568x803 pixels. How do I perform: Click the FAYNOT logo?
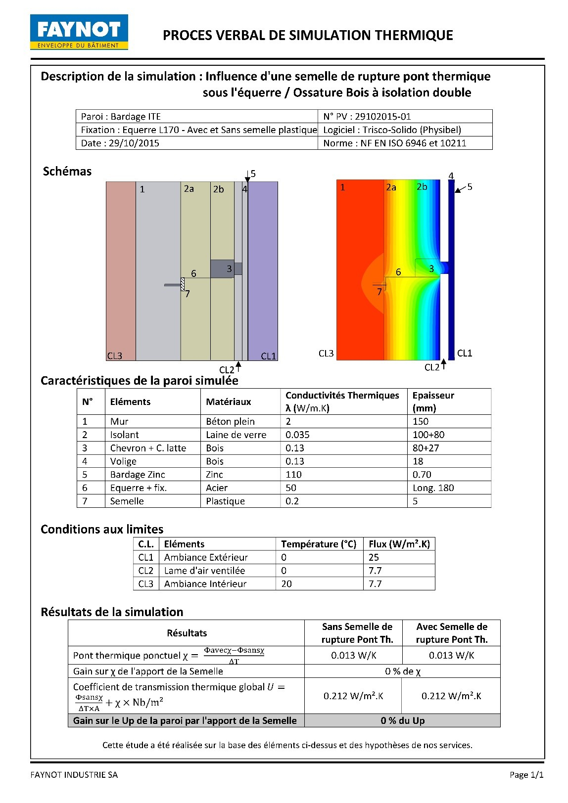coord(79,32)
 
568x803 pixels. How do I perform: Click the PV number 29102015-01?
coord(367,117)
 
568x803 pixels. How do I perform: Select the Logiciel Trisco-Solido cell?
coord(392,130)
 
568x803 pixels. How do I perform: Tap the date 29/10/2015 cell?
coord(120,143)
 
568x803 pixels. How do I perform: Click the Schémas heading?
coord(67,172)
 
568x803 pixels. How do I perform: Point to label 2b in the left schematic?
coord(219,189)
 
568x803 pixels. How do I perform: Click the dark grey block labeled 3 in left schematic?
coord(222,269)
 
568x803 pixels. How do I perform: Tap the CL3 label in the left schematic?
coord(114,356)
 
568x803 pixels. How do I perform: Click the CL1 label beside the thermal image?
coord(465,353)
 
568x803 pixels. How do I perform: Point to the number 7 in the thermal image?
coord(379,292)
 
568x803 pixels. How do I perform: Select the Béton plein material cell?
coord(230,422)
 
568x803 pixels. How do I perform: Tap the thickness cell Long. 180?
coord(433,488)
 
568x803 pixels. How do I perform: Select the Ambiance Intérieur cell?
coord(205,584)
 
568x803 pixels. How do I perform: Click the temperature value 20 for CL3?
coord(286,584)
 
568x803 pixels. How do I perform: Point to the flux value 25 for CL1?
coord(374,557)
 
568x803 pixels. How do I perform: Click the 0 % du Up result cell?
coord(402,721)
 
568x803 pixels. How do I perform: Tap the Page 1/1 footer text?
coord(526,775)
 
